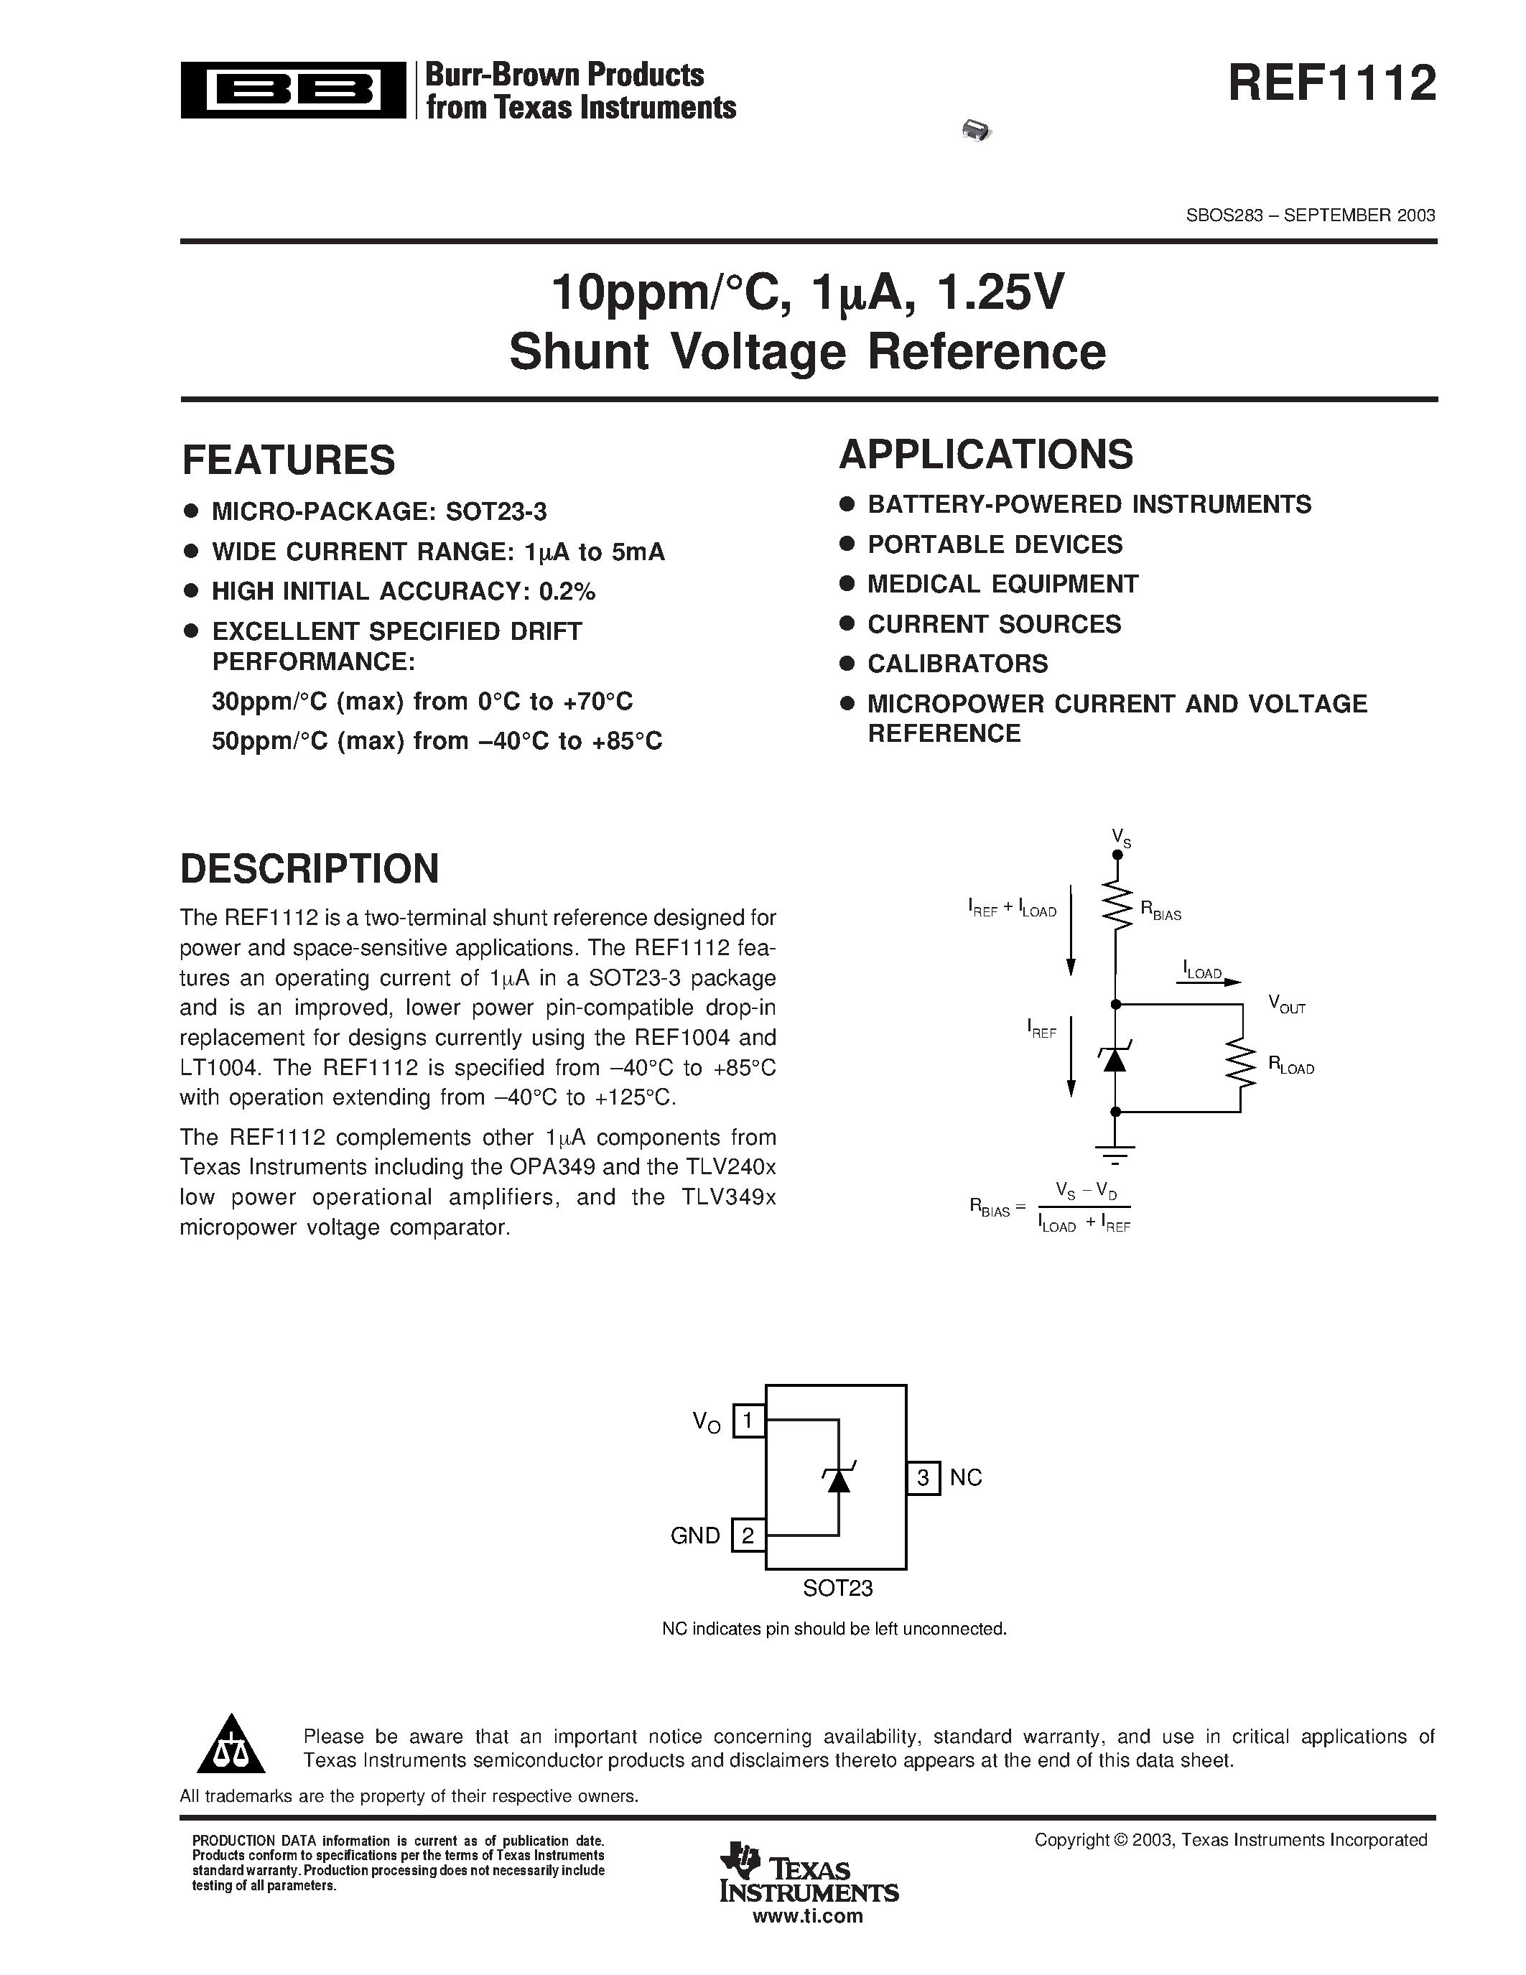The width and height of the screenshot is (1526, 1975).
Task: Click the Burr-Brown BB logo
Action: pyautogui.click(x=293, y=90)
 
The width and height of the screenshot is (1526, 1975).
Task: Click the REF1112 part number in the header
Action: pyautogui.click(x=1331, y=85)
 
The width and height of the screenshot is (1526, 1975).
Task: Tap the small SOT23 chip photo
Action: pyautogui.click(x=977, y=131)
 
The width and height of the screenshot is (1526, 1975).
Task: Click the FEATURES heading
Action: pyautogui.click(x=289, y=460)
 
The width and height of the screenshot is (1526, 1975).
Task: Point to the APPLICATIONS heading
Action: pyautogui.click(x=985, y=455)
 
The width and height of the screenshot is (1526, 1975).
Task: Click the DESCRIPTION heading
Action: pyautogui.click(x=310, y=869)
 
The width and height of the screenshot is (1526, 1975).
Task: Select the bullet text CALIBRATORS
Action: pyautogui.click(x=957, y=664)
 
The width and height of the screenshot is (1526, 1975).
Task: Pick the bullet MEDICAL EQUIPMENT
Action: pyautogui.click(x=1002, y=584)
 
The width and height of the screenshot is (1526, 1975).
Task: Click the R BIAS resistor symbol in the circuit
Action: pyautogui.click(x=1117, y=906)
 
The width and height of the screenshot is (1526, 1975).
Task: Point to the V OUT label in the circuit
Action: pyautogui.click(x=1285, y=1004)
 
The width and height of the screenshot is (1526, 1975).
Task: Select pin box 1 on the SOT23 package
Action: pyautogui.click(x=748, y=1421)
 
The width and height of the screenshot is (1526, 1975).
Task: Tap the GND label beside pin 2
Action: pyautogui.click(x=695, y=1535)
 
